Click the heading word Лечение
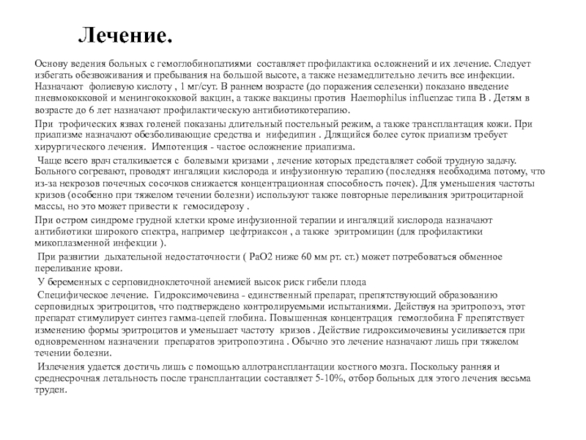[x=126, y=35]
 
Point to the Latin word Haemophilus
[x=381, y=97]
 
